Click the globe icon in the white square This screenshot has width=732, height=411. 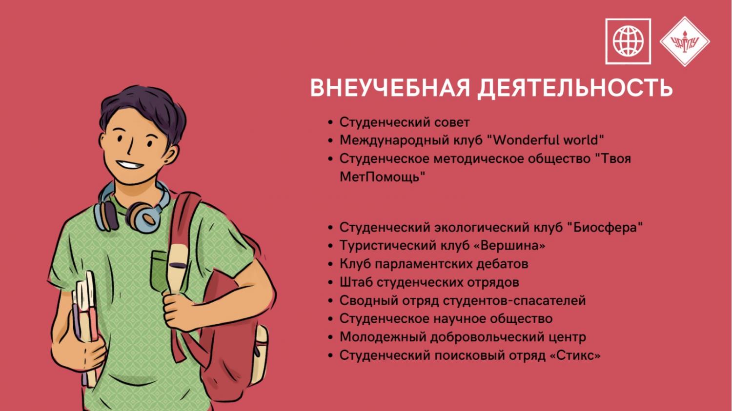tap(628, 41)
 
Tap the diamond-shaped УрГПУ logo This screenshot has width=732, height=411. tap(685, 41)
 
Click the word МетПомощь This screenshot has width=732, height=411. tap(382, 177)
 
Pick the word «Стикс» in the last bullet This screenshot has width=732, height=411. tap(575, 355)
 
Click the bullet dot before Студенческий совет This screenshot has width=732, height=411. tap(330, 123)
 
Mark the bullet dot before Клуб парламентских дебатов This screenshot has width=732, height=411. tap(330, 264)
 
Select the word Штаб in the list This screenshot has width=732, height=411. tap(356, 282)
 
